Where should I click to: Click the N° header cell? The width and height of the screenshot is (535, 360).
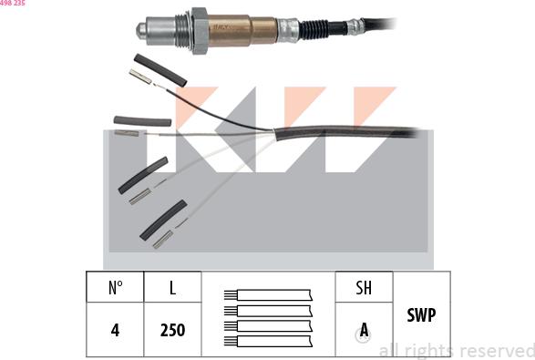coord(115,287)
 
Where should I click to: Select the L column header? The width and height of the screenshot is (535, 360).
coord(172,287)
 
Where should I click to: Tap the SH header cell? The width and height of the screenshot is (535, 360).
coord(364,287)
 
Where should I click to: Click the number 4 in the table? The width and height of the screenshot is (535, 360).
coord(115,330)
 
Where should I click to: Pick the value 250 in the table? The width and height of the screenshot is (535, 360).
coord(172,330)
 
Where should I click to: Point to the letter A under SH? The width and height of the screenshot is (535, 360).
coord(364,330)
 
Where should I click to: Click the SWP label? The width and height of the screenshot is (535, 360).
coord(421,314)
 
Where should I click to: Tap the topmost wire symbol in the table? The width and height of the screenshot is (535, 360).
coord(268,295)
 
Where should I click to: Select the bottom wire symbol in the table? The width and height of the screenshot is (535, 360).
coord(268,341)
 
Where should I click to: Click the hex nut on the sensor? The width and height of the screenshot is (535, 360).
coord(200,31)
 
